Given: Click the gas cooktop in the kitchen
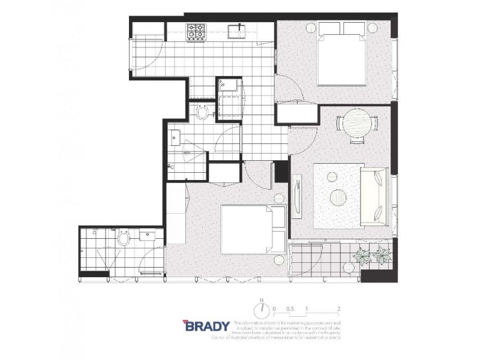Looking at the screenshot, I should [196, 31].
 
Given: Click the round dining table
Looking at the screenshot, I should [358, 124].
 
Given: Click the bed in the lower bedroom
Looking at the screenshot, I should [253, 229].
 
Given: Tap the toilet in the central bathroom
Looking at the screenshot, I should [202, 112].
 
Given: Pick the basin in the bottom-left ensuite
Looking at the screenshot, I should [148, 236].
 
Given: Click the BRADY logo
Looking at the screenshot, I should [206, 326].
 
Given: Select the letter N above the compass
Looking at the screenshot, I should [262, 299].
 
